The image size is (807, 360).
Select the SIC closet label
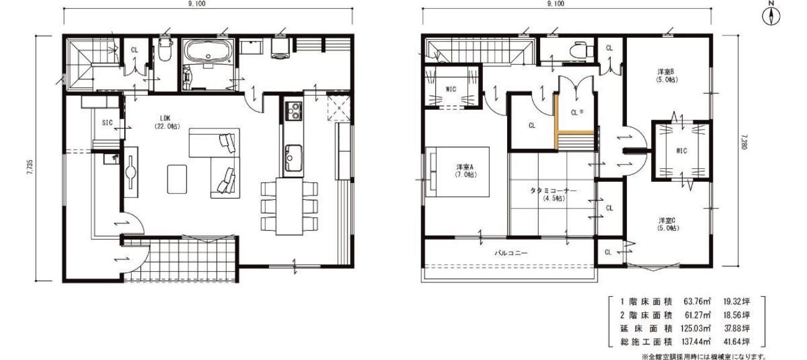point(107,123)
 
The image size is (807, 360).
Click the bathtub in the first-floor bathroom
point(207,52)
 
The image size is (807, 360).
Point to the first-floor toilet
point(165,50)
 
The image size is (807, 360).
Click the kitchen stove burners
point(293,111)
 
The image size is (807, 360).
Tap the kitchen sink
point(294,158)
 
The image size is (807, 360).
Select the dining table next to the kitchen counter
point(289,207)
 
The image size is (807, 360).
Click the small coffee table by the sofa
point(177,179)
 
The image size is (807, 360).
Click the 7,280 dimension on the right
point(741,142)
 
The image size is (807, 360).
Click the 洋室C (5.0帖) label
point(668,224)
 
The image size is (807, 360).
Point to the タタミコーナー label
point(553,191)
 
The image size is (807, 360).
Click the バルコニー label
point(510,253)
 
